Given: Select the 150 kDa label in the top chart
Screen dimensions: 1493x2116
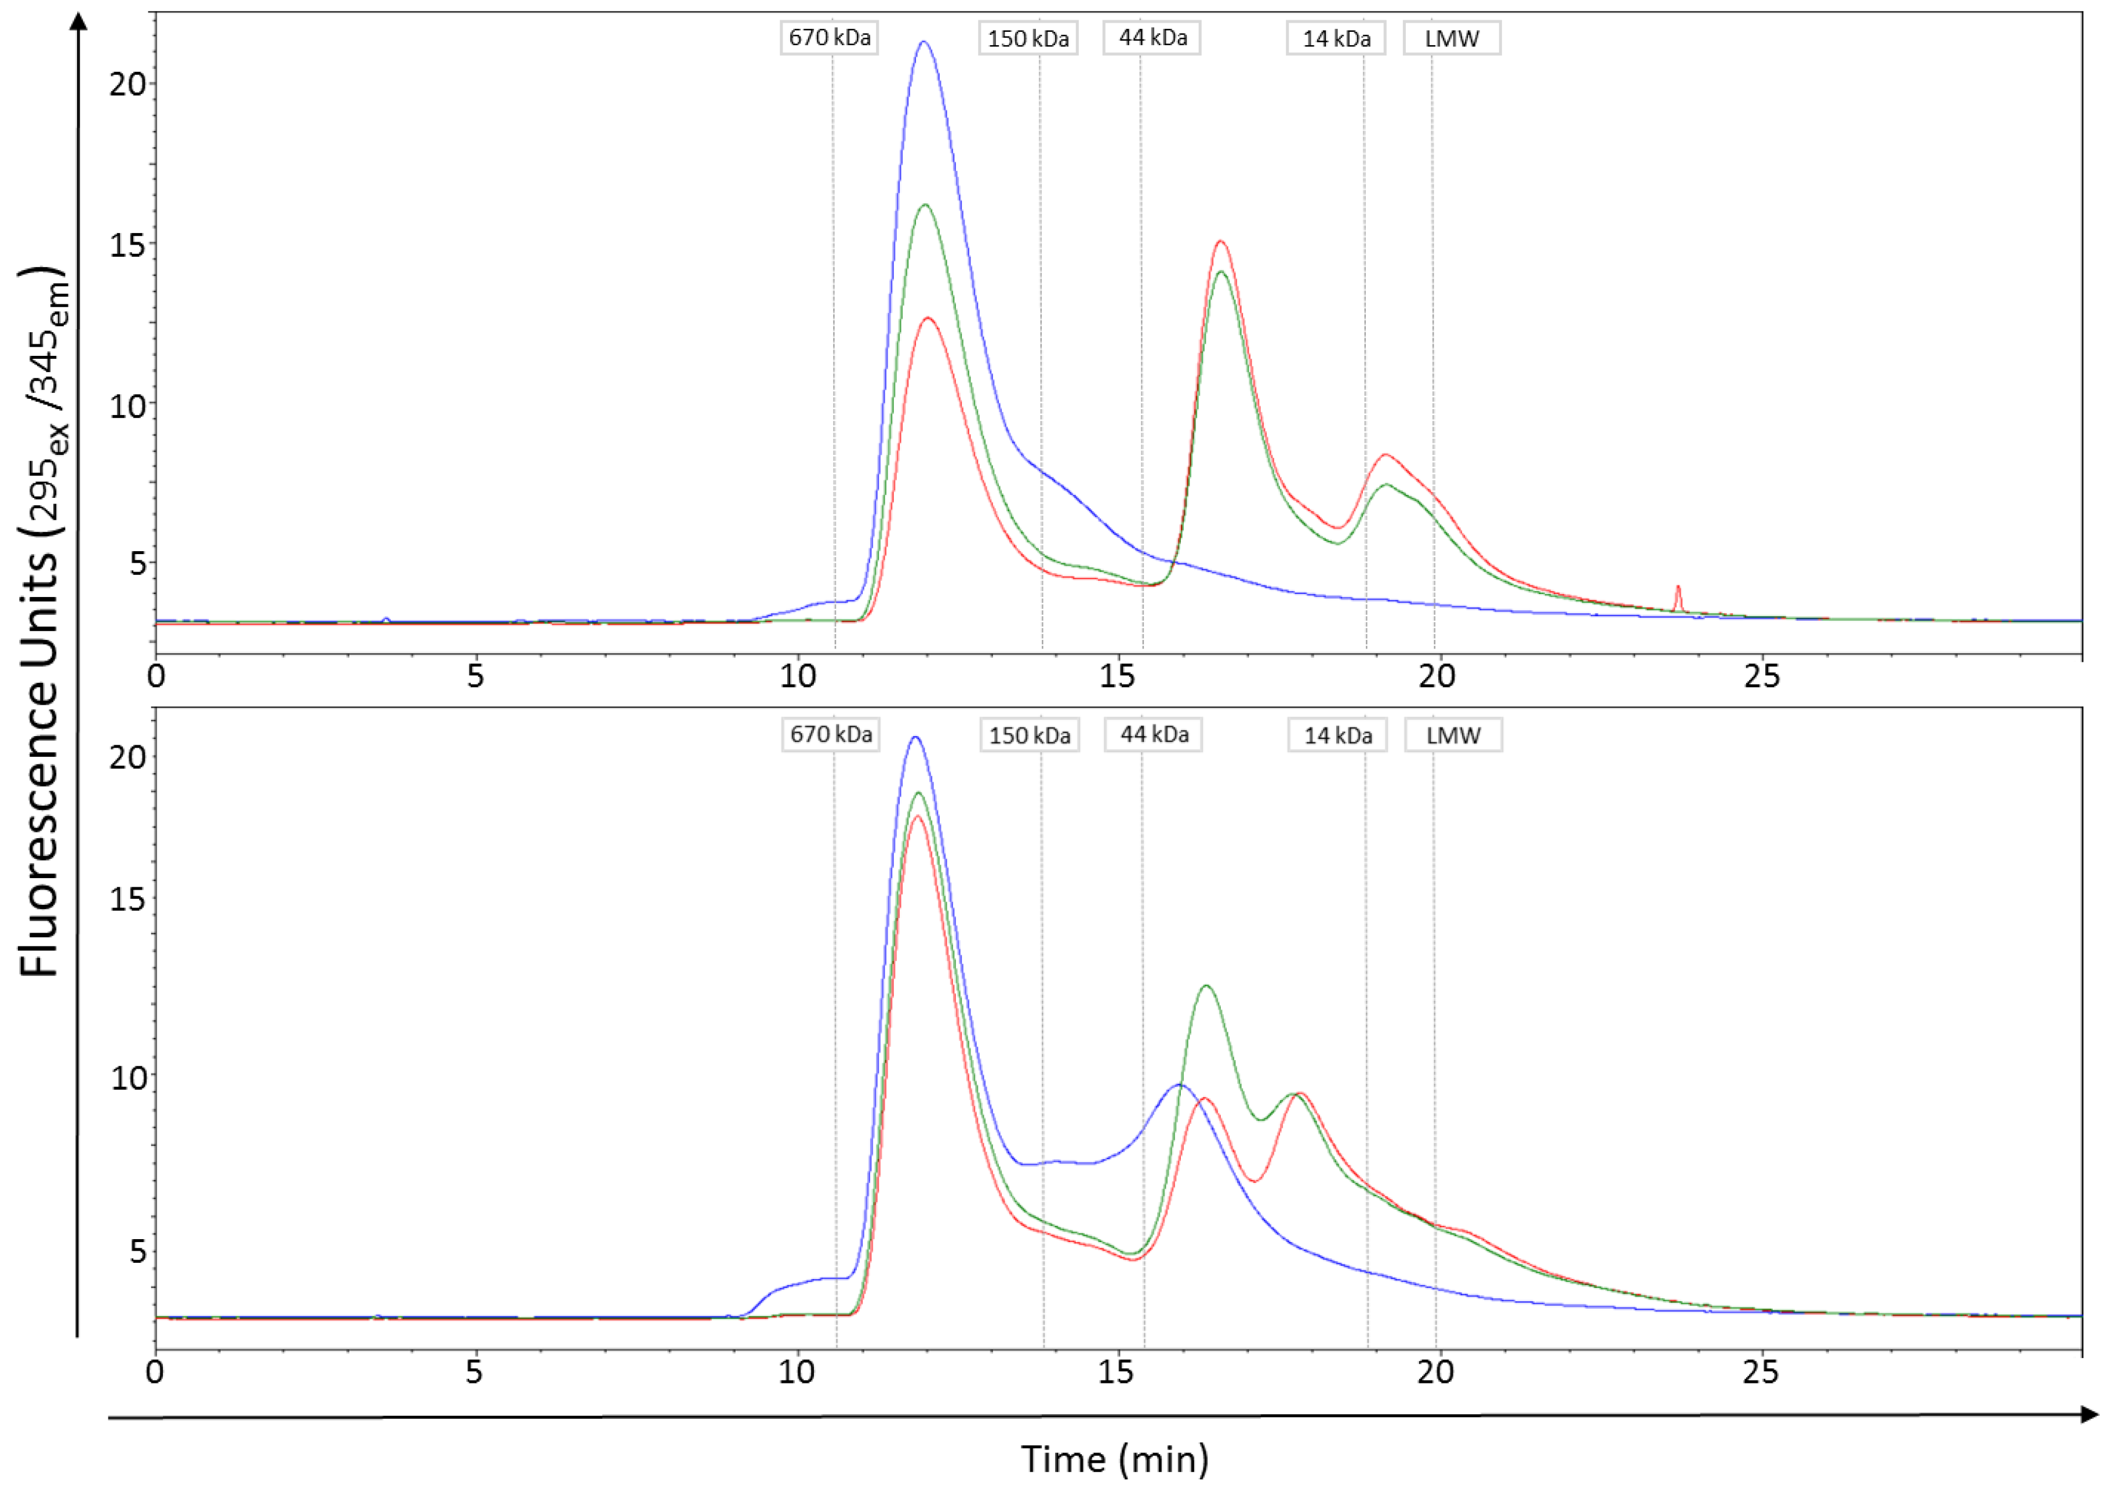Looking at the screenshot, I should [1028, 39].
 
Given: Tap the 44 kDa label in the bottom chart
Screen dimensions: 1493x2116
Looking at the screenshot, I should [1154, 734].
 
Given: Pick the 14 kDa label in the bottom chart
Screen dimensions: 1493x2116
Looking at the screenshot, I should [1337, 735].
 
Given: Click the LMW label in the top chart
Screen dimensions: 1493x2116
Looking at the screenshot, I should [1452, 39].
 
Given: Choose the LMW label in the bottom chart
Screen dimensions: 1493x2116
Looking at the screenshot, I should [1453, 735].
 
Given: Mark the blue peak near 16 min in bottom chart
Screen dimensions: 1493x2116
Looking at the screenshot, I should [1179, 1085].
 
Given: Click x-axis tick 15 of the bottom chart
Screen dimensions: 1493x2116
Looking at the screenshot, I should [1116, 1373].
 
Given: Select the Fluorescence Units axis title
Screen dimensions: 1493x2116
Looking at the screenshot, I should [42, 622].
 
